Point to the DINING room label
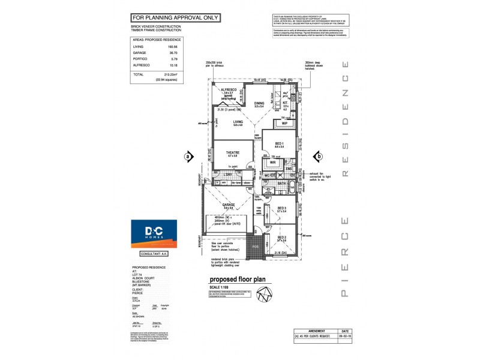[x=259, y=103]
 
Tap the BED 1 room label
[x=280, y=144]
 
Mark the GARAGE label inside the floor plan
[x=229, y=205]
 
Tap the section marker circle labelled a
[x=188, y=156]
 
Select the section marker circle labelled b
[x=319, y=156]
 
